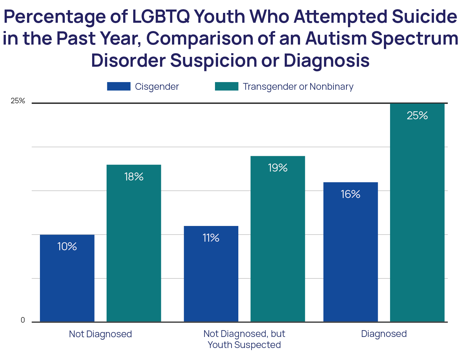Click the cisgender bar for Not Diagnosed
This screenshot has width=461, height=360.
[67, 278]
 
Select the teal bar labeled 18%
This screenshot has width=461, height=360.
[134, 243]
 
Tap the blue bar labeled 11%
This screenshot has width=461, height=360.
[211, 274]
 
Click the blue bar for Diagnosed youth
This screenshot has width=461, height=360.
[350, 252]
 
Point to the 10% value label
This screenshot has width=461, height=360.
[67, 246]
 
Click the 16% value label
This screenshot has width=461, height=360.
[350, 194]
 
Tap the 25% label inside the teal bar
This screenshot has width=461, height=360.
[417, 116]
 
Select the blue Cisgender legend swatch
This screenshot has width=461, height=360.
[119, 86]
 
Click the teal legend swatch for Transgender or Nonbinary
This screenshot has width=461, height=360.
[227, 86]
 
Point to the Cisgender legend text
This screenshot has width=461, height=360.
[157, 87]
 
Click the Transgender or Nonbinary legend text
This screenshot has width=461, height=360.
[298, 87]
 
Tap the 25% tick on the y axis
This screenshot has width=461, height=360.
[18, 101]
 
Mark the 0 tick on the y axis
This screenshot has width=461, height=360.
[23, 320]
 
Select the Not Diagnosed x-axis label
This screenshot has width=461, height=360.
[100, 334]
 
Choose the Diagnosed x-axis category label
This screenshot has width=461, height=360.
[384, 334]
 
